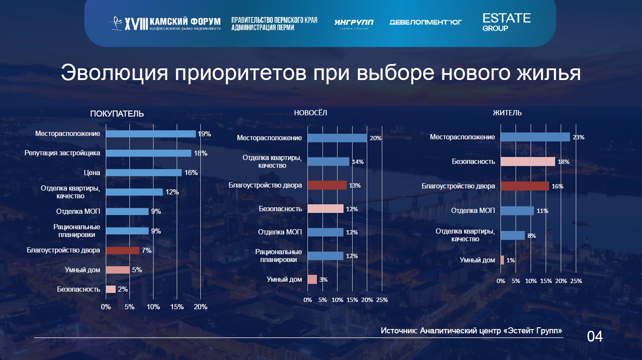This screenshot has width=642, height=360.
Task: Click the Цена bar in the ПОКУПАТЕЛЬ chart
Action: coord(144,172)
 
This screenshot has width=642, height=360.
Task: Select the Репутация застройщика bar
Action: coord(148,153)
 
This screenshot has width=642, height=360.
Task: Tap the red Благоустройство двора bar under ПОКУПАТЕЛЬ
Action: coord(123,250)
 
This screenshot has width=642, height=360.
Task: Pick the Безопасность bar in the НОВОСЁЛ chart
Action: coord(326,209)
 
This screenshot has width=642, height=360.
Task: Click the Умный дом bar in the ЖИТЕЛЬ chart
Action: coord(502,260)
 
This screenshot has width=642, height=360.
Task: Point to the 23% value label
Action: coord(578,137)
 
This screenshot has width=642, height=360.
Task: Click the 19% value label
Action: coord(204,134)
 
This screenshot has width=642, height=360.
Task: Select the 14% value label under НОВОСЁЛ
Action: coord(358,162)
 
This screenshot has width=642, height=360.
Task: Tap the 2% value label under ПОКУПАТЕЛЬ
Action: coord(123,289)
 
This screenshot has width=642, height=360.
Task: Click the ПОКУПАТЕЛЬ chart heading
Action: coord(117,114)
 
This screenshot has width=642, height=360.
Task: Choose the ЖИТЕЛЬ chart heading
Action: coord(507,113)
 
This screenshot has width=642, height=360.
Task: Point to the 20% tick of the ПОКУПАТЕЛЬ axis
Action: coord(200,307)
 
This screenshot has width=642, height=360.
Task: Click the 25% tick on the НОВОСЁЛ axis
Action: coord(382,300)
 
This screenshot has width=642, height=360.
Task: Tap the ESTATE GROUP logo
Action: coord(506,22)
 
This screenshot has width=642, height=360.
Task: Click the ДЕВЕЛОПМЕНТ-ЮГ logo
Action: coord(425,22)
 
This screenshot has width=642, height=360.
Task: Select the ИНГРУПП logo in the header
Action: coord(354,23)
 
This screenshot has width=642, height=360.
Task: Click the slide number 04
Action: coord(595,336)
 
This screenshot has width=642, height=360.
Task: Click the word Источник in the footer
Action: coord(398,331)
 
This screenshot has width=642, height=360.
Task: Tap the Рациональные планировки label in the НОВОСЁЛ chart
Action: coord(279,255)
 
